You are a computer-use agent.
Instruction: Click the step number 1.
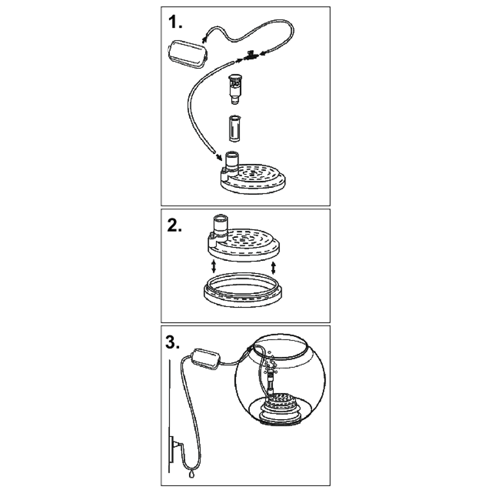[175, 22]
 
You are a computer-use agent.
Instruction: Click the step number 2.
[175, 225]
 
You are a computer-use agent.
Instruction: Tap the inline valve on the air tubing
[251, 56]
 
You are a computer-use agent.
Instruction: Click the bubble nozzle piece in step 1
[235, 89]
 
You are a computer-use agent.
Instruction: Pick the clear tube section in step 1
[235, 128]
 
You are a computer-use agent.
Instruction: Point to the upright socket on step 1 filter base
[232, 161]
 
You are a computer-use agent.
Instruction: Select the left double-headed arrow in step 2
[214, 267]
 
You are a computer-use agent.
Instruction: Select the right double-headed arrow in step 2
[273, 268]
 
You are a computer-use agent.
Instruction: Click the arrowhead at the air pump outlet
[205, 39]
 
